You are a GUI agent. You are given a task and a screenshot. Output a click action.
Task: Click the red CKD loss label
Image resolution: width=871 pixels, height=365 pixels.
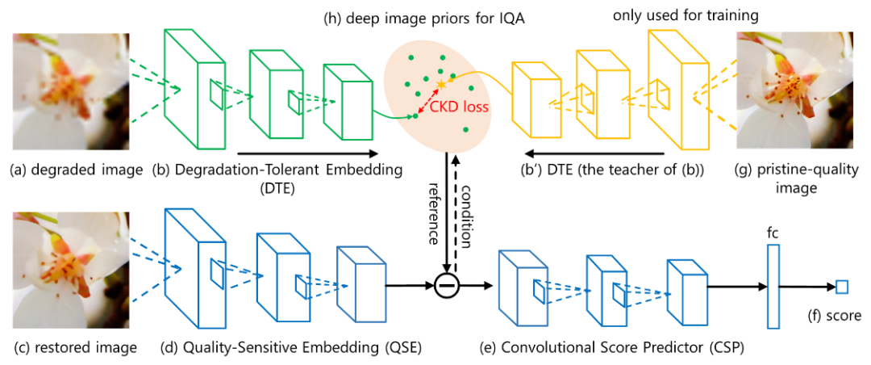[x=459, y=107]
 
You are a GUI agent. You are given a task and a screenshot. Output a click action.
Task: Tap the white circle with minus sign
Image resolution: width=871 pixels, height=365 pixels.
[x=447, y=285]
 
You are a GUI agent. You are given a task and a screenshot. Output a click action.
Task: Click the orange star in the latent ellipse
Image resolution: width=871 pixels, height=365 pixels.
[x=440, y=84]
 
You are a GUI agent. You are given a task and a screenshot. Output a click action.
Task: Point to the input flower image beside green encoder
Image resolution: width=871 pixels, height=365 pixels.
[x=71, y=91]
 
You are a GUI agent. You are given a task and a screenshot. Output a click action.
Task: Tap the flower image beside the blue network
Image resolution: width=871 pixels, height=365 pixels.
[x=71, y=271]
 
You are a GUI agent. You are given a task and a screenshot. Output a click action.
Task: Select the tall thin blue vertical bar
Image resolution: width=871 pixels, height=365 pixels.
[x=773, y=286]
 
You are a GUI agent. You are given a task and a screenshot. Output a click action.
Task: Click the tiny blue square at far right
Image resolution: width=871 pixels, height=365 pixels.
[x=842, y=287]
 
